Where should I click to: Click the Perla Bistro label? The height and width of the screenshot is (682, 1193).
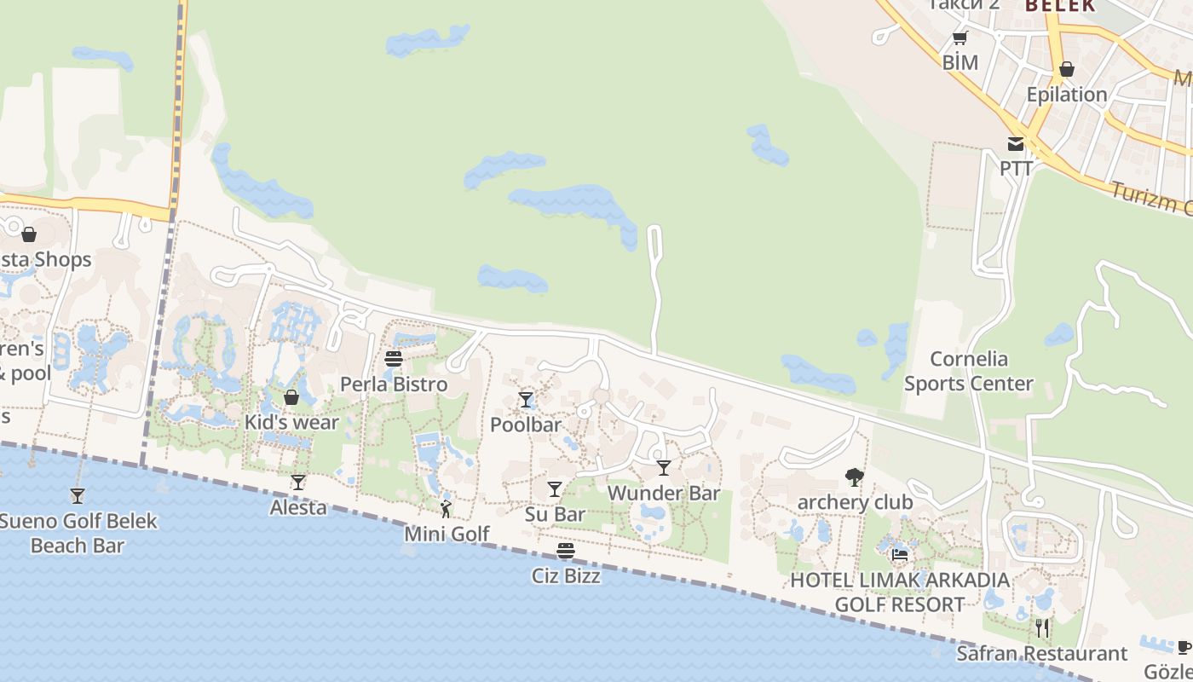point(394,384)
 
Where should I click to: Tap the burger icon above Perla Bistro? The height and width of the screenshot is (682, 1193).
point(394,359)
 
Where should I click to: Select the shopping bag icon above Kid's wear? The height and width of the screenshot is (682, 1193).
point(291,397)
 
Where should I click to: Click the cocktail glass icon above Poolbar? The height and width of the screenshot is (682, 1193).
point(526,400)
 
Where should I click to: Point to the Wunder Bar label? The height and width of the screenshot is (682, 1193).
point(664,494)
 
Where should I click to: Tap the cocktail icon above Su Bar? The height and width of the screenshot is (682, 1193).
point(555,489)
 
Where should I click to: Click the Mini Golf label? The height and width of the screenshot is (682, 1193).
point(447,535)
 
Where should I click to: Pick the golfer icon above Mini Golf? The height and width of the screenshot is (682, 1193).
point(446,509)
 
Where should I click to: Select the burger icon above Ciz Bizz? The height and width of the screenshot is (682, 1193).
point(566,551)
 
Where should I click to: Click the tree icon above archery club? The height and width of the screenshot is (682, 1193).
point(854,477)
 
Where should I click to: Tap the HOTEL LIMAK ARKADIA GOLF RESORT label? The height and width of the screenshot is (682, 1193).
point(900,592)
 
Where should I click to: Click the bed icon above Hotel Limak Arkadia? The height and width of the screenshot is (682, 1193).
point(900,556)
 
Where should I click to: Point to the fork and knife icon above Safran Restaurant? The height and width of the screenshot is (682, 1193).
point(1041,629)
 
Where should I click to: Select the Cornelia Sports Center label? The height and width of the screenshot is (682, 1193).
point(969,371)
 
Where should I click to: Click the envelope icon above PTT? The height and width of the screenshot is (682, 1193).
point(1016,144)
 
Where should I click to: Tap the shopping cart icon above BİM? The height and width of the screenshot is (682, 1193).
point(960,38)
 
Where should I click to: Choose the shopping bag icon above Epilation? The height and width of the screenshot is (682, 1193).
point(1066,69)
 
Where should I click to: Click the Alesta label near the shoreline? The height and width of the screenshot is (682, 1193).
point(298,508)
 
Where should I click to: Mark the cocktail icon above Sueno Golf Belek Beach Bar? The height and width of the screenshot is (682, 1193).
point(78,495)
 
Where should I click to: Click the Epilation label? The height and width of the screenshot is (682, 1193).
point(1067,95)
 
